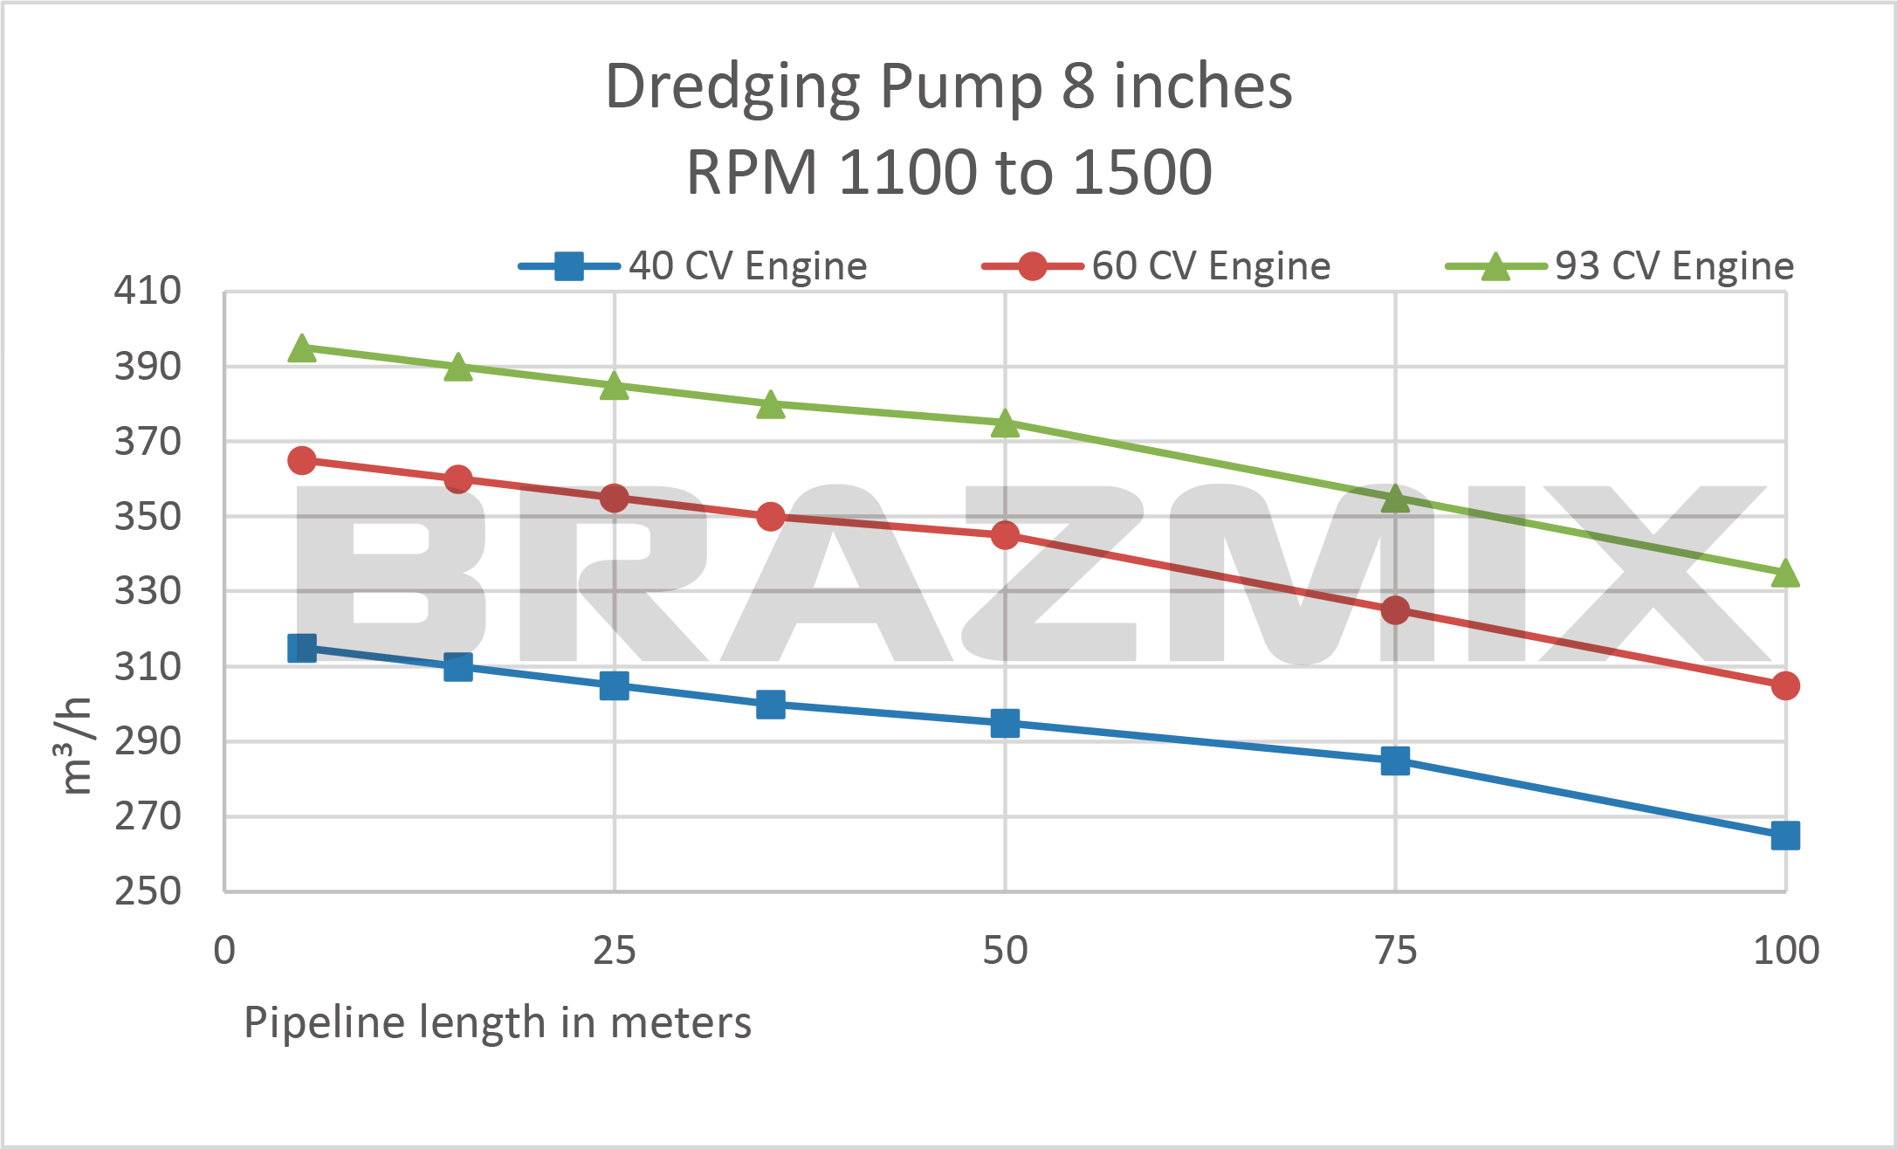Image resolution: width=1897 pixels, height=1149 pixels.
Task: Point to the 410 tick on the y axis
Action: [148, 290]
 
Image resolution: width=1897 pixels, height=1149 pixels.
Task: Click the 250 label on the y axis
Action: [148, 891]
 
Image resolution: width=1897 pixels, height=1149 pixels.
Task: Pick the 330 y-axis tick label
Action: [148, 591]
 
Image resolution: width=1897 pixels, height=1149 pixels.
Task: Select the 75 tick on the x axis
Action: [1395, 950]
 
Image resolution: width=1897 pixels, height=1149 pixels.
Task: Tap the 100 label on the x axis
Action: [1785, 950]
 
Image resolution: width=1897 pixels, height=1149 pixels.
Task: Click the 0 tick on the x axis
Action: [224, 950]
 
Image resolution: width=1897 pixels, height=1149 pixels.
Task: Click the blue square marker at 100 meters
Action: [1785, 836]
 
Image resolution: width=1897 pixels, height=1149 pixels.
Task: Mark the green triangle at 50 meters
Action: [1005, 423]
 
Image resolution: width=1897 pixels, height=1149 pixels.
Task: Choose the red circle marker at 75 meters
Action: [1395, 610]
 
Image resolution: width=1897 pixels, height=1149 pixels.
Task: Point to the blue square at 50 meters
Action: [1005, 723]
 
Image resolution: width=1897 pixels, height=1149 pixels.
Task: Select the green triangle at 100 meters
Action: [1785, 574]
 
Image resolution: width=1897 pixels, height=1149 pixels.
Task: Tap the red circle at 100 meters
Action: [1785, 686]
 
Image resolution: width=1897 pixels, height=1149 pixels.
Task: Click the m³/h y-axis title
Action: [77, 747]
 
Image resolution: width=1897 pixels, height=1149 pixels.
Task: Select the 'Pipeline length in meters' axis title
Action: [497, 1022]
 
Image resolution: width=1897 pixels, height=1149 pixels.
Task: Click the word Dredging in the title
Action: [732, 87]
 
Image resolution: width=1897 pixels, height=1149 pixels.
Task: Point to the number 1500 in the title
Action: [1142, 172]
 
